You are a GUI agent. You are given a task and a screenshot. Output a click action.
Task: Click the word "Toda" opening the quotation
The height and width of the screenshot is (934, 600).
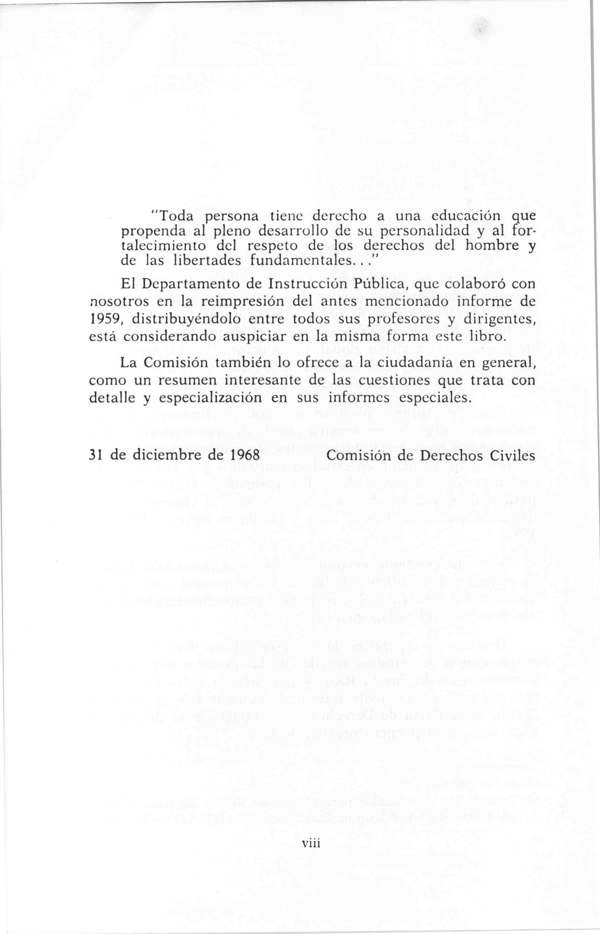click(x=175, y=215)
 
